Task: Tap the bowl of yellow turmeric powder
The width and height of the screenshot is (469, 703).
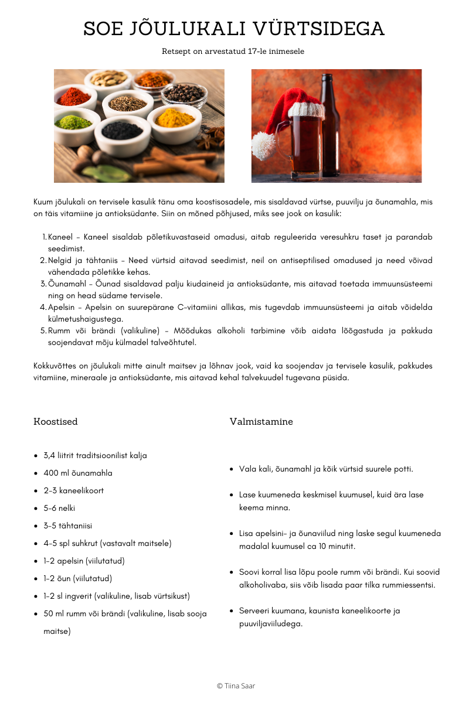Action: pyautogui.click(x=175, y=119)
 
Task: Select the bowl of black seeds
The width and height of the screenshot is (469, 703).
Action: pyautogui.click(x=122, y=129)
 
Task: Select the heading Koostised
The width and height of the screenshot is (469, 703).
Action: pyautogui.click(x=56, y=422)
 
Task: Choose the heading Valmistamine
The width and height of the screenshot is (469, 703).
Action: pyautogui.click(x=261, y=422)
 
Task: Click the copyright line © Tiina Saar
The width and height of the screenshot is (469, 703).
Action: pyautogui.click(x=236, y=685)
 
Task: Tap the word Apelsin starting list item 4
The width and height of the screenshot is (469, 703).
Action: pyautogui.click(x=62, y=308)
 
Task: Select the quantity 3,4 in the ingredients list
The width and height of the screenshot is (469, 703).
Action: pyautogui.click(x=51, y=455)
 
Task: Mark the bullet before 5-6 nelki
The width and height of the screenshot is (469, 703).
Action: pyautogui.click(x=36, y=509)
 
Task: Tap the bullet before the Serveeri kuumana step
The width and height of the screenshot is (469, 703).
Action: pyautogui.click(x=232, y=611)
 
